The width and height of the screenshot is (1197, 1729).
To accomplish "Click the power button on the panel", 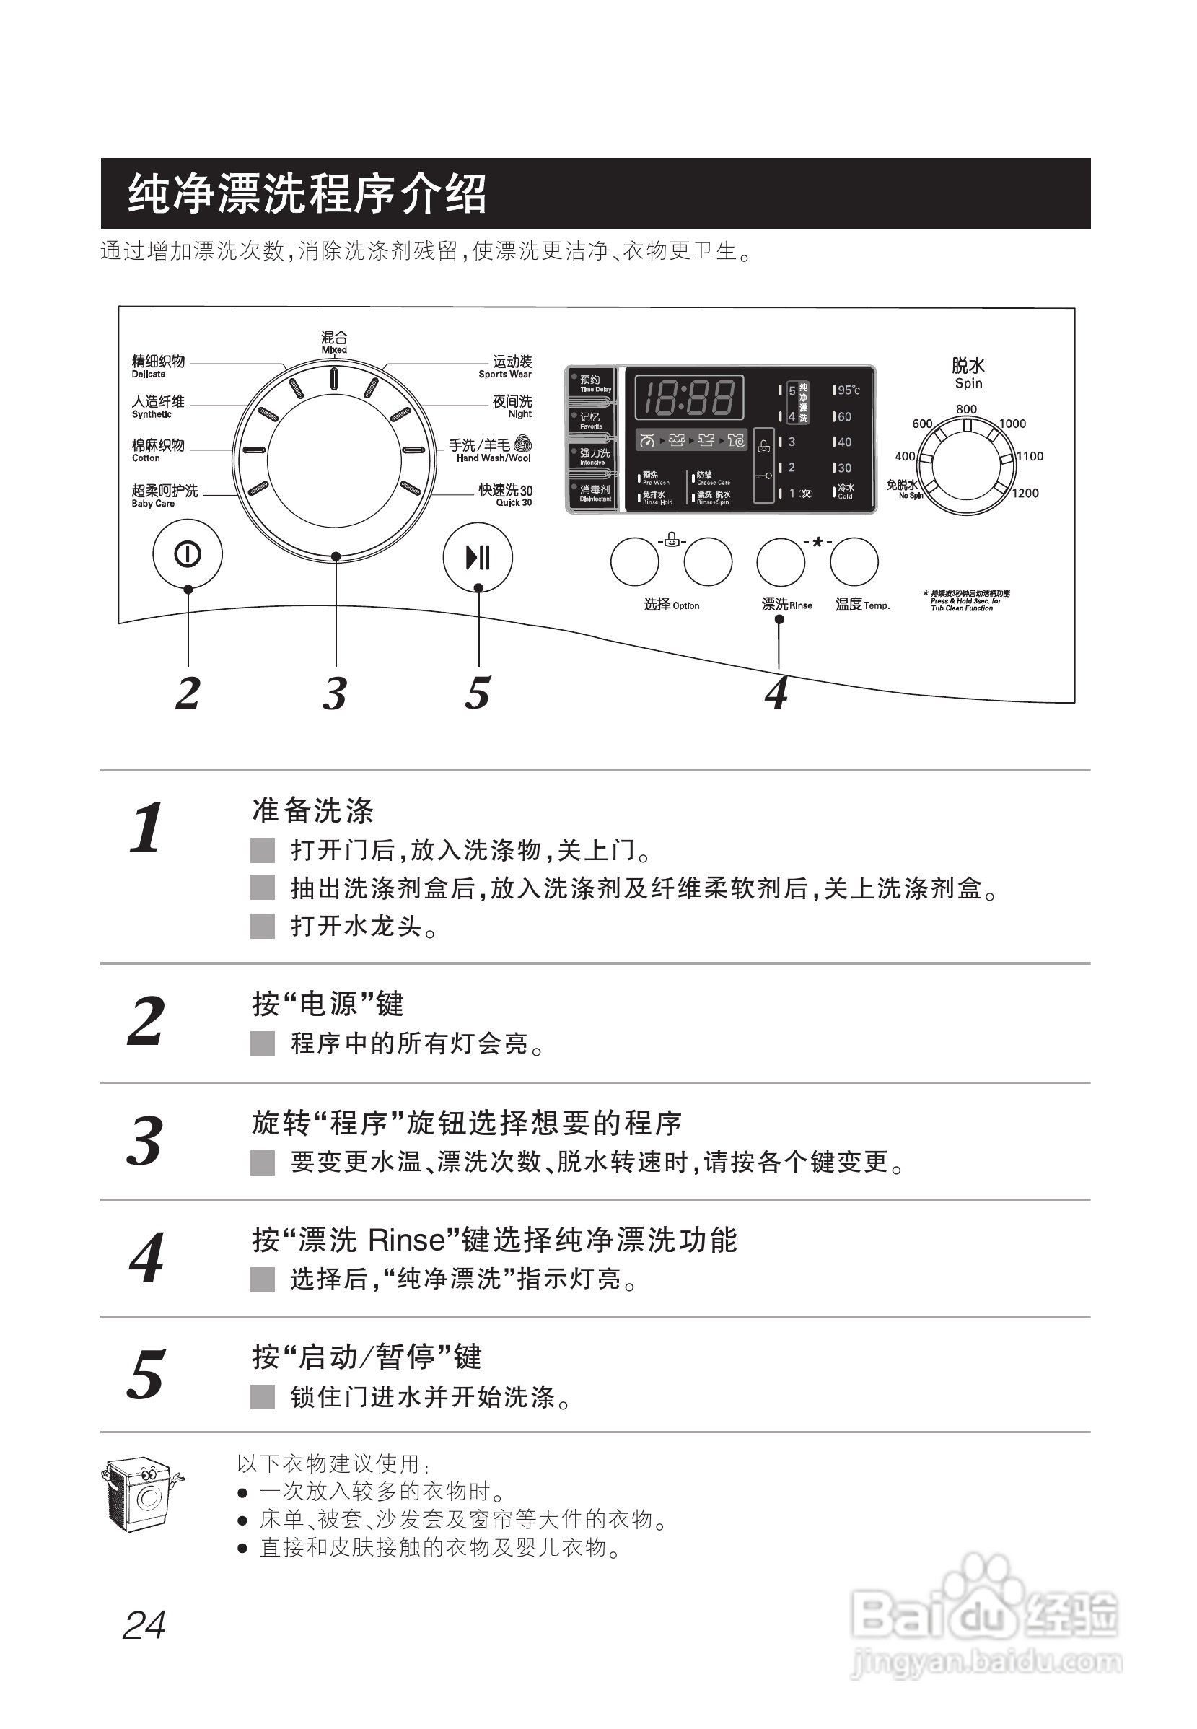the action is pyautogui.click(x=188, y=554).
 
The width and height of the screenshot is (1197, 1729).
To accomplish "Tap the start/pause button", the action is pyautogui.click(x=478, y=557).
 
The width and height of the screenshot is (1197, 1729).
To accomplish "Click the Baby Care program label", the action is pyautogui.click(x=165, y=495).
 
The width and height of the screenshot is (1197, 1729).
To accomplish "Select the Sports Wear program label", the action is pyautogui.click(x=507, y=367).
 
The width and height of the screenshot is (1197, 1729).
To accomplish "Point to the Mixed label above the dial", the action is pyautogui.click(x=335, y=341).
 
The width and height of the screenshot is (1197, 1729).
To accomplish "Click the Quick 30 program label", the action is pyautogui.click(x=507, y=494).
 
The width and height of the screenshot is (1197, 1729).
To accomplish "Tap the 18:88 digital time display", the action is pyautogui.click(x=689, y=397).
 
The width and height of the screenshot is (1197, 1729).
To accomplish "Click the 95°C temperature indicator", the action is pyautogui.click(x=848, y=390).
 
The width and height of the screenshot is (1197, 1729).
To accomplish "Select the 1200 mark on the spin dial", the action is pyautogui.click(x=1025, y=493).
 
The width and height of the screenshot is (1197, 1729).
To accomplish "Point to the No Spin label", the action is pyautogui.click(x=905, y=489).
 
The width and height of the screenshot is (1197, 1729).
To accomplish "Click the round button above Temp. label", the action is pyautogui.click(x=854, y=562).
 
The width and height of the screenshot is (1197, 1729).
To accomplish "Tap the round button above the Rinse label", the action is pyautogui.click(x=781, y=562).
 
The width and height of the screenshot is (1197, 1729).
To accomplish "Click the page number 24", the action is pyautogui.click(x=144, y=1627).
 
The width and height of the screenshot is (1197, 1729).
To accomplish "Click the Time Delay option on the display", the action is pyautogui.click(x=594, y=383).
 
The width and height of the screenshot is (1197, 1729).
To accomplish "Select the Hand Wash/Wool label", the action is pyautogui.click(x=491, y=450).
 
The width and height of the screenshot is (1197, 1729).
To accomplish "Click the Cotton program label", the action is pyautogui.click(x=157, y=450).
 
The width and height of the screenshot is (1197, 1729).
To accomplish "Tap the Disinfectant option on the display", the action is pyautogui.click(x=594, y=493).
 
